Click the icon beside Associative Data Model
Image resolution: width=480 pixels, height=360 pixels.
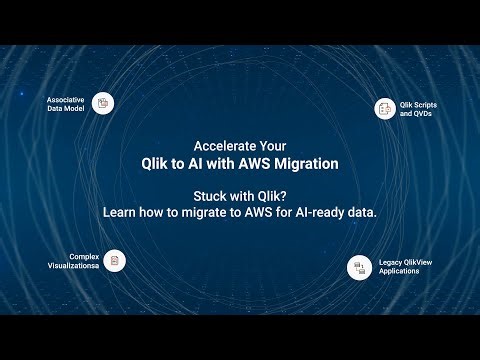point(102,102)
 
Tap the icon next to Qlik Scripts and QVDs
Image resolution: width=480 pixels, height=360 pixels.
point(386,109)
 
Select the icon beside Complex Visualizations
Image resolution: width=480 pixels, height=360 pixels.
point(115,260)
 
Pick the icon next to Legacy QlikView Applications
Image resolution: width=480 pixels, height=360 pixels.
point(359,267)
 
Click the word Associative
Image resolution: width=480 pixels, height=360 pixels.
point(65,99)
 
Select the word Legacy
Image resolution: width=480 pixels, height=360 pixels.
point(391,262)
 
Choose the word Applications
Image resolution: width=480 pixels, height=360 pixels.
point(401,272)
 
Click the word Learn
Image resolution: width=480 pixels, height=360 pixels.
point(121,212)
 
